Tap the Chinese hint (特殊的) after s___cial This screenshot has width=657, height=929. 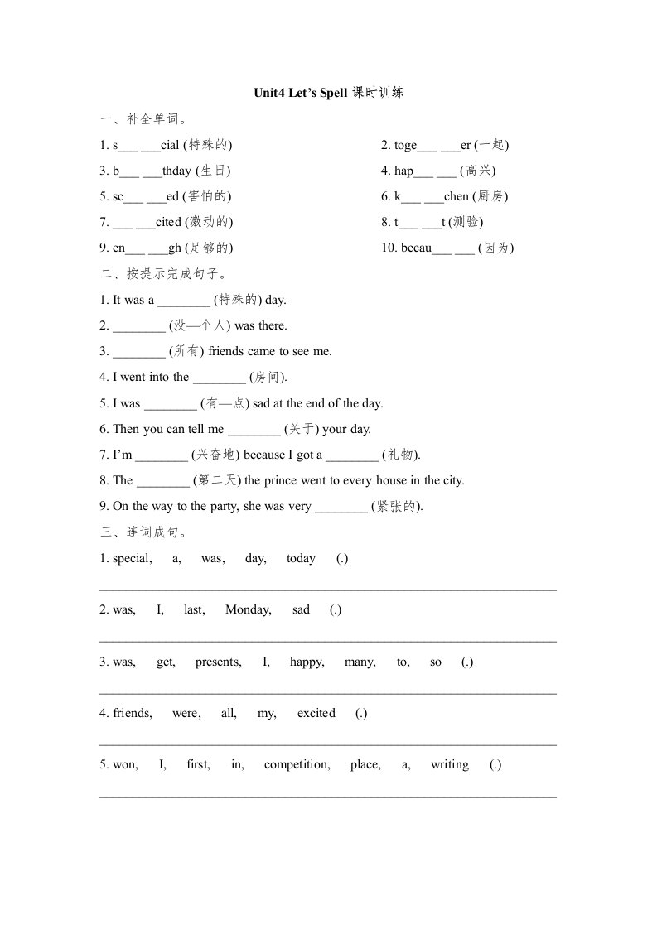[207, 145]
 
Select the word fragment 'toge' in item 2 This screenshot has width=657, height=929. [405, 145]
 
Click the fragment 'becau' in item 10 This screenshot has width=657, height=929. [416, 248]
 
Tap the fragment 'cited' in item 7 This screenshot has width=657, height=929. [168, 222]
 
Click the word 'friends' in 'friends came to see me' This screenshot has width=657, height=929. [227, 351]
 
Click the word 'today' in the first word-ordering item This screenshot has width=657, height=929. [301, 558]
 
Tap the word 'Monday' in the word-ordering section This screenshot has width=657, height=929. [248, 609]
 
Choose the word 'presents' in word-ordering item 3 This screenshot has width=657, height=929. [218, 662]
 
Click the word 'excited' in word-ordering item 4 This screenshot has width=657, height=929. [316, 713]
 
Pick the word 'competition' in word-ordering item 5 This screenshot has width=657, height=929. [297, 764]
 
